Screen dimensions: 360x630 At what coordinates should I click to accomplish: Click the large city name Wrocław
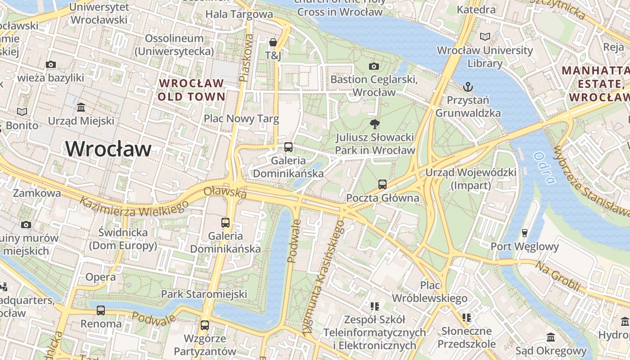pos(108,149)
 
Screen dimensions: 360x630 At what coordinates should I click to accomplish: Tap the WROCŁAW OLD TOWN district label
pos(191,90)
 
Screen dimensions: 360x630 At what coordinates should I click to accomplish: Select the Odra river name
pos(544,168)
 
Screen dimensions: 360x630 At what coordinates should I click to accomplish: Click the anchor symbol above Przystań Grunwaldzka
pos(468,85)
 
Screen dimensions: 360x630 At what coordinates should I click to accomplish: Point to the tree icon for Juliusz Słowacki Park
pos(374,124)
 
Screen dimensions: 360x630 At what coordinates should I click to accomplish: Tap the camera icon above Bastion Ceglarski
pos(373,67)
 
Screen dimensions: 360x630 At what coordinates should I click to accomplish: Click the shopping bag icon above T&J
pos(273,43)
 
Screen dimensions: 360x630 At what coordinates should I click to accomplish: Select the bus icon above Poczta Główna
pos(382,184)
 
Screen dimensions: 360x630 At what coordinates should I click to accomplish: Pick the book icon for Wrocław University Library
pos(485,37)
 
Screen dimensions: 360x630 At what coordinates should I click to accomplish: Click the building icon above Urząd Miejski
pos(81,108)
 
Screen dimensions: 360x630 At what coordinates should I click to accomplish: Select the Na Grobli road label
pos(557,275)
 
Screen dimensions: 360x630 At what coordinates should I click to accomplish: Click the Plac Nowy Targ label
pos(241,119)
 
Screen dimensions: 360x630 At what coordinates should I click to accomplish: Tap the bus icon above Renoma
pos(101,310)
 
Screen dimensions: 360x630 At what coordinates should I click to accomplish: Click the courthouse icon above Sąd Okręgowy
pos(551,337)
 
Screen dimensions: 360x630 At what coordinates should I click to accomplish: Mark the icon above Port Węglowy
pos(524,233)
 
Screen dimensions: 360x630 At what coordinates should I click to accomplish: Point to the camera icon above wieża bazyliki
pos(51,65)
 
